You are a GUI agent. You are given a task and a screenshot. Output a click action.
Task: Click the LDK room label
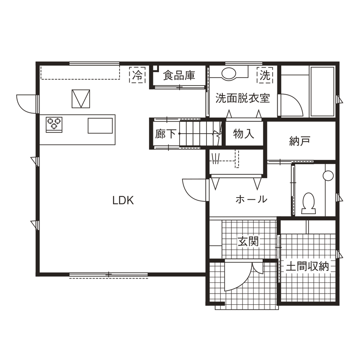point(123,200)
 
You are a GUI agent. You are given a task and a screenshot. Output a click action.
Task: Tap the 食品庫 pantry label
point(179,76)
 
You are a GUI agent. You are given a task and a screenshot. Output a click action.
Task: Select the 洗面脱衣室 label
point(242,98)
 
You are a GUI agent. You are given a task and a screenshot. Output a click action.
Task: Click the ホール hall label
point(252,199)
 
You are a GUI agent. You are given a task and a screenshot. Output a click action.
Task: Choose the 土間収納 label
point(307,267)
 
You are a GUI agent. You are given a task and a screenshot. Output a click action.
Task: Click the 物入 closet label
point(244,134)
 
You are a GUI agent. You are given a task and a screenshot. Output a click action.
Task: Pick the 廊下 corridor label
point(165,134)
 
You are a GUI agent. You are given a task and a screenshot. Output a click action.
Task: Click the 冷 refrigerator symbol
point(137,76)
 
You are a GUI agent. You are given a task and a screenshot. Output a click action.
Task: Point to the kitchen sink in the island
point(100,126)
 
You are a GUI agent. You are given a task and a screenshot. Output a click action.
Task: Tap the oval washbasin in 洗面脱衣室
point(229,73)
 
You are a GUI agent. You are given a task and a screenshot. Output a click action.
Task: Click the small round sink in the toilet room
point(328,175)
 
